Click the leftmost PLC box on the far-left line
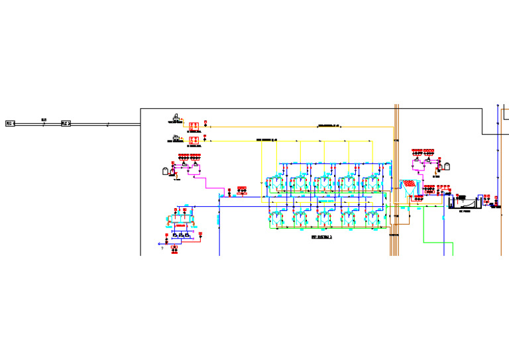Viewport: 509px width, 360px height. (10, 123)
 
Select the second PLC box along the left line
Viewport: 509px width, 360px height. (66, 123)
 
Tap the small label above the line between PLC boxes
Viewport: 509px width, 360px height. (44, 119)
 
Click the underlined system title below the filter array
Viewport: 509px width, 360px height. (321, 237)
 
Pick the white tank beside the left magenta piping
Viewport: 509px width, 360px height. (165, 170)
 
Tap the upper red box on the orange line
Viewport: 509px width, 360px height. (194, 125)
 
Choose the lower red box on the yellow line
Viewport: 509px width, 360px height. (194, 141)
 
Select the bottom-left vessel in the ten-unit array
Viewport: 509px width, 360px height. (275, 217)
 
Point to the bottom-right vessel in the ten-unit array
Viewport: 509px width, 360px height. (373, 217)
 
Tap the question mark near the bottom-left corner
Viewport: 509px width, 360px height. (162, 249)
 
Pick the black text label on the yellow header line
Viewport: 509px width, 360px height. (266, 140)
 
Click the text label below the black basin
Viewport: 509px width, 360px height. (465, 211)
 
